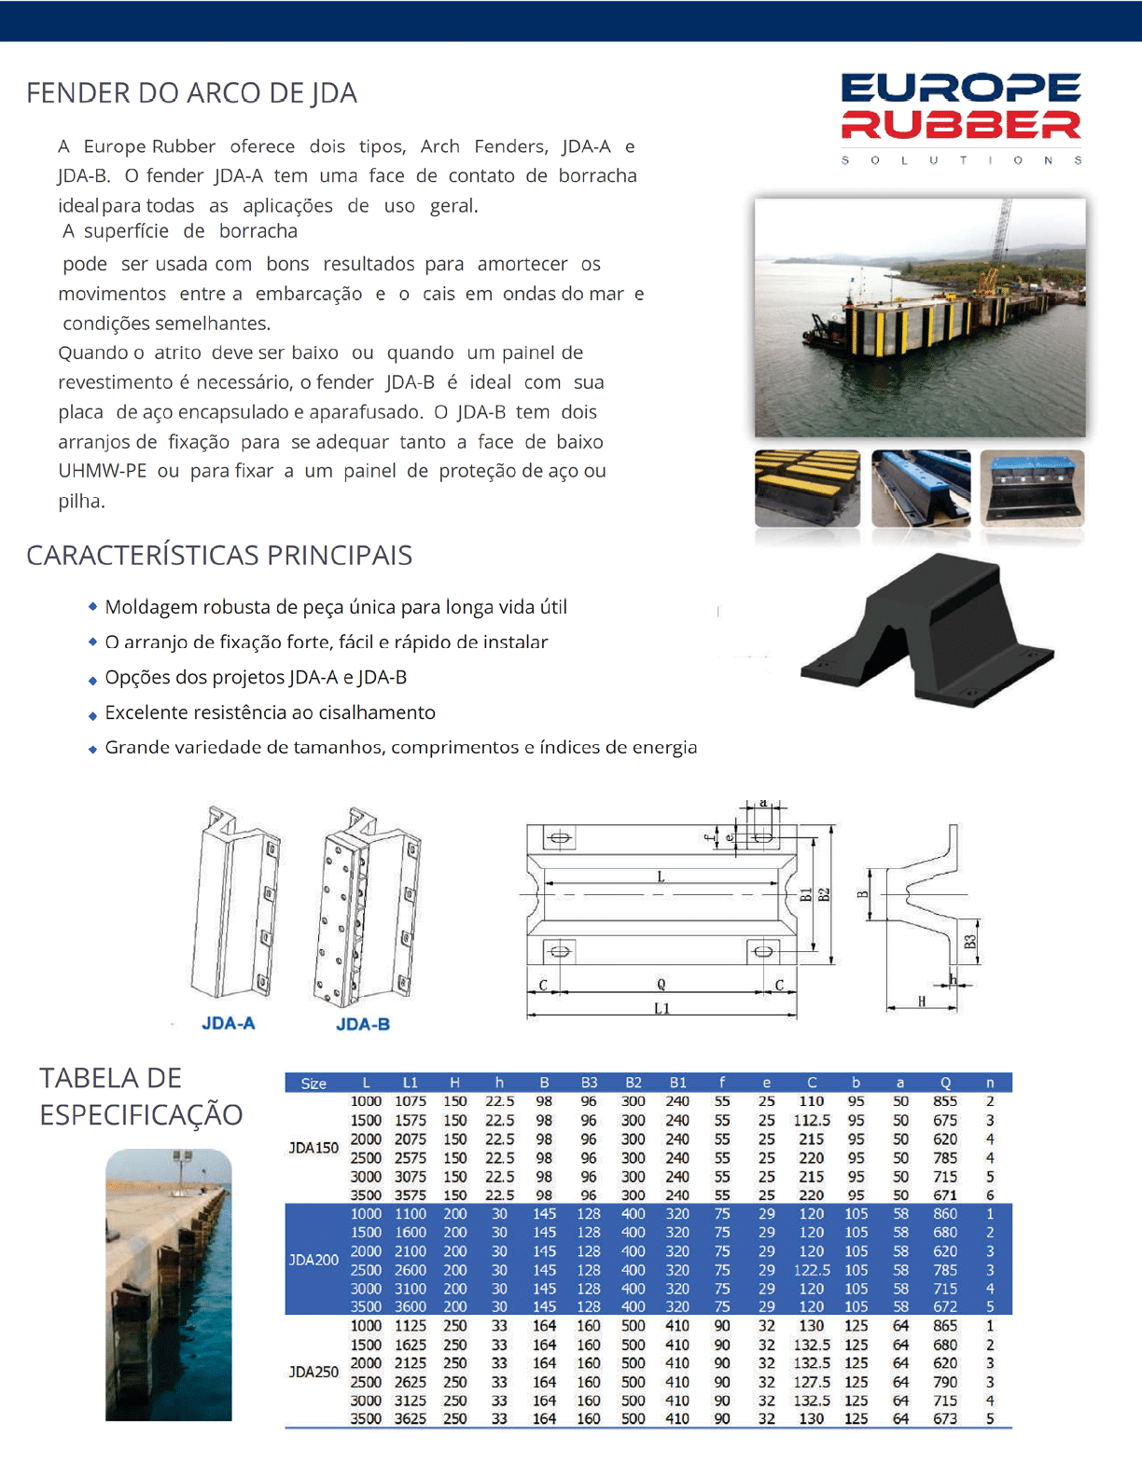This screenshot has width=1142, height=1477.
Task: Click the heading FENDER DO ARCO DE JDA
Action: (191, 93)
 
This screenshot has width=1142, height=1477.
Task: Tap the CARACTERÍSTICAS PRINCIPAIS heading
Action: (219, 555)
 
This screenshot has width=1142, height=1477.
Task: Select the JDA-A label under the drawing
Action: (228, 1023)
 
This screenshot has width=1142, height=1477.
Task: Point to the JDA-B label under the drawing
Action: (363, 1024)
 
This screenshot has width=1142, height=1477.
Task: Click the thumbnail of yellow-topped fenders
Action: (807, 488)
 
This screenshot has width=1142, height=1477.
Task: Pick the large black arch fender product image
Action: (929, 630)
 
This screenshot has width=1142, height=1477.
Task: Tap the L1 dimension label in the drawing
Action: (662, 1008)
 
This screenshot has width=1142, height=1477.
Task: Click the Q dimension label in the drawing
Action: (662, 984)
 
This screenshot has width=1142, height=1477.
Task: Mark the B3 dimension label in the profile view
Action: (970, 942)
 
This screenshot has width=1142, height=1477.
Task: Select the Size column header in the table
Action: (313, 1083)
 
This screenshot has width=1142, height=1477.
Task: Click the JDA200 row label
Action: (313, 1260)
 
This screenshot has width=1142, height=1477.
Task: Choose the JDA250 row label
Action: (313, 1372)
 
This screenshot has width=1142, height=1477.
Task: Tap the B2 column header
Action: (634, 1083)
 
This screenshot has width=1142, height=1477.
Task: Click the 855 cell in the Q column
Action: (945, 1101)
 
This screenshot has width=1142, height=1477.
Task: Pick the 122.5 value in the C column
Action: (812, 1270)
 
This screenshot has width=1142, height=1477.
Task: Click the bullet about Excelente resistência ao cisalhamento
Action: (270, 712)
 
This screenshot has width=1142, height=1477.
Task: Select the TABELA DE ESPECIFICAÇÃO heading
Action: (141, 1096)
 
